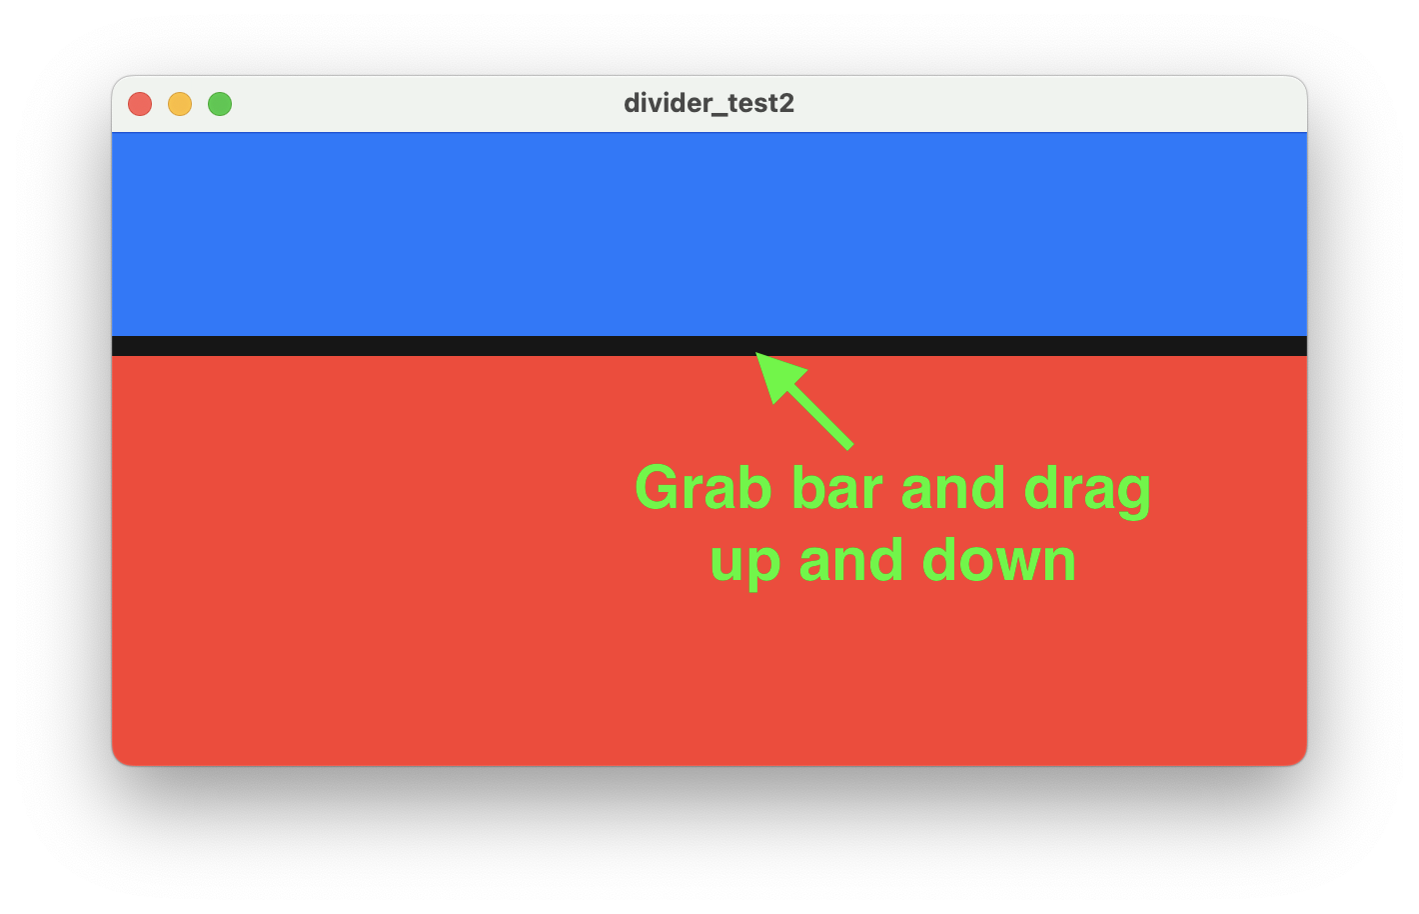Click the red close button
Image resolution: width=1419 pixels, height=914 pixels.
click(x=140, y=104)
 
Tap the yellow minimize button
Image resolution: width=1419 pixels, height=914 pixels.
click(x=180, y=104)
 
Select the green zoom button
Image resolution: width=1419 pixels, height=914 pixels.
click(x=220, y=104)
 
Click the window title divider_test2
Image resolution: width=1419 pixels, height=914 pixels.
click(x=709, y=103)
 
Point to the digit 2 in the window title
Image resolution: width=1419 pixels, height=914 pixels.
click(x=785, y=103)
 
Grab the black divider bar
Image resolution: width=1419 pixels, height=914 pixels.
click(x=709, y=346)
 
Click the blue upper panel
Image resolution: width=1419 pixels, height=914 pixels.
click(x=709, y=235)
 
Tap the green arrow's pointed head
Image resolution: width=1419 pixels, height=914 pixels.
click(x=756, y=353)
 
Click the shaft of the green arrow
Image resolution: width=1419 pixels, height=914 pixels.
click(x=819, y=418)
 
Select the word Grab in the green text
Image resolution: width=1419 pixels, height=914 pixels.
click(x=704, y=487)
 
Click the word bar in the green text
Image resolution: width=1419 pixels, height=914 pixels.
click(x=836, y=487)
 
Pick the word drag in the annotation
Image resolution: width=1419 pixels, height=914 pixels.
click(x=1087, y=491)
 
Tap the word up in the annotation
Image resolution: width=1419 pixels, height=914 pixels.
click(x=745, y=563)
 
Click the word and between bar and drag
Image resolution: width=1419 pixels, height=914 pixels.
click(x=953, y=487)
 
